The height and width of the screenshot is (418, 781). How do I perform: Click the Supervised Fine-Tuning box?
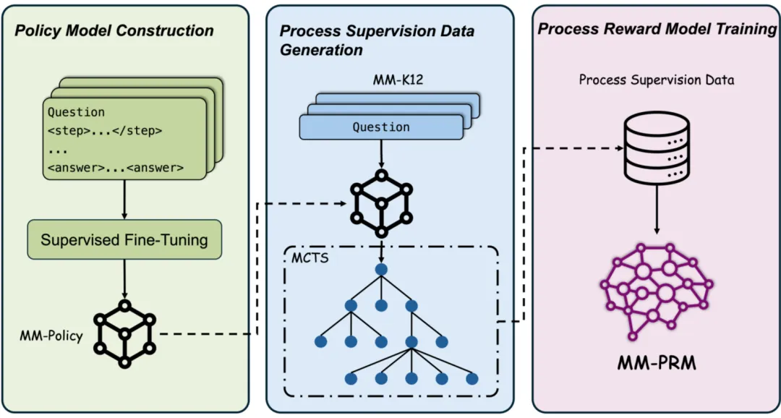point(124,239)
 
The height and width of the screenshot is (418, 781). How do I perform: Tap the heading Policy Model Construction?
point(114,30)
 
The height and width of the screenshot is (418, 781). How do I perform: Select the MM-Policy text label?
point(51,336)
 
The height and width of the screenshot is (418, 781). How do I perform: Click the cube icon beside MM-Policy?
point(125,333)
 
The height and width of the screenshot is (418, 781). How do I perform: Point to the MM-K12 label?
point(398,80)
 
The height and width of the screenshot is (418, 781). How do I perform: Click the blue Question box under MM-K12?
point(381,127)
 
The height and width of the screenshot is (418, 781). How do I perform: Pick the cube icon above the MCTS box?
point(382,204)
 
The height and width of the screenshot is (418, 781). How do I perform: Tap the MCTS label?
point(310,258)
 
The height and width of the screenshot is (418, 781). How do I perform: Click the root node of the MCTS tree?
point(382,270)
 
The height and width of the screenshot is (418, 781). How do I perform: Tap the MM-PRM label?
point(657,363)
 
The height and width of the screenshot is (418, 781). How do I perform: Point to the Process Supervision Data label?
point(657,80)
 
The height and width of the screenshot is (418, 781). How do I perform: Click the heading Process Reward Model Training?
point(657,29)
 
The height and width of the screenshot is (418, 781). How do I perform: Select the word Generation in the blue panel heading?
point(321,50)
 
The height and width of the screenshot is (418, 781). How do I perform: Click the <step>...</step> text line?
point(105,131)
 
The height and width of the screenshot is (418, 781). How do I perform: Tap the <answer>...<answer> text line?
point(116,168)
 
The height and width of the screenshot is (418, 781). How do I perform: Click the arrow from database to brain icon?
point(657,210)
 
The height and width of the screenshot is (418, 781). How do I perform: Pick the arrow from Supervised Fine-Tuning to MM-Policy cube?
point(124,278)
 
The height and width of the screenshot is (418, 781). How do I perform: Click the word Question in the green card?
point(76,113)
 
